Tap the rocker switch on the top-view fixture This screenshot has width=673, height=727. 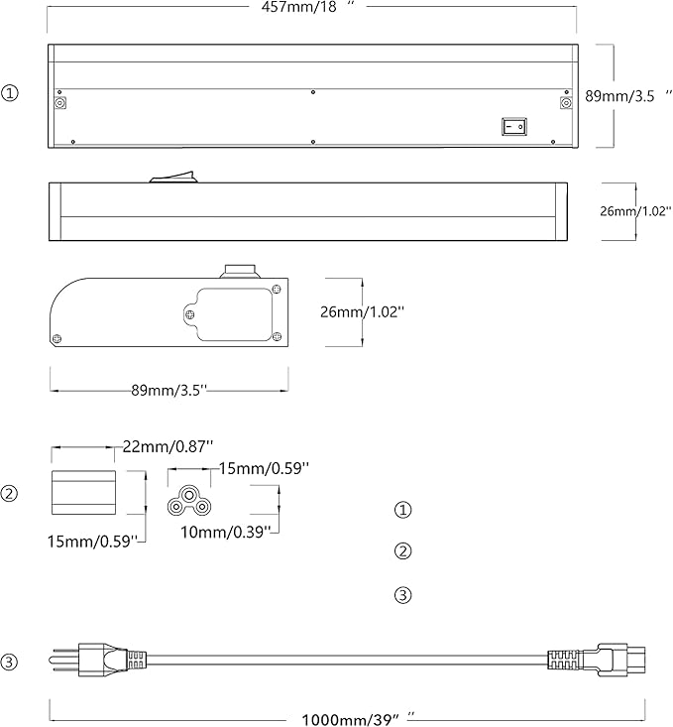[x=514, y=126]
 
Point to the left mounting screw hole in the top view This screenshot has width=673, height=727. [x=59, y=103]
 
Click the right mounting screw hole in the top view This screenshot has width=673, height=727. [x=566, y=103]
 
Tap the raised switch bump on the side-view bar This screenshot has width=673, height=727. [x=172, y=177]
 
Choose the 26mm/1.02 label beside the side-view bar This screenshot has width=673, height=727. [x=635, y=211]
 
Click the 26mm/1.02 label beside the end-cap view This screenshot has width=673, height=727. [x=363, y=311]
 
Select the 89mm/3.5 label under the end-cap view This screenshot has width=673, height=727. [x=168, y=390]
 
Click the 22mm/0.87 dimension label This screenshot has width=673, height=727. [x=168, y=446]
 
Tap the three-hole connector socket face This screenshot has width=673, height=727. [x=188, y=501]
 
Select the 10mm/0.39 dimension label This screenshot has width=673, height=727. [x=225, y=532]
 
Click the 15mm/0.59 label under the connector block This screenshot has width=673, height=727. [x=93, y=542]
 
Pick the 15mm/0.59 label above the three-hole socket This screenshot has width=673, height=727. [x=264, y=468]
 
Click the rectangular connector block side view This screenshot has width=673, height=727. [x=83, y=492]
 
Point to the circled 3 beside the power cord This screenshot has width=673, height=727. [x=9, y=662]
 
